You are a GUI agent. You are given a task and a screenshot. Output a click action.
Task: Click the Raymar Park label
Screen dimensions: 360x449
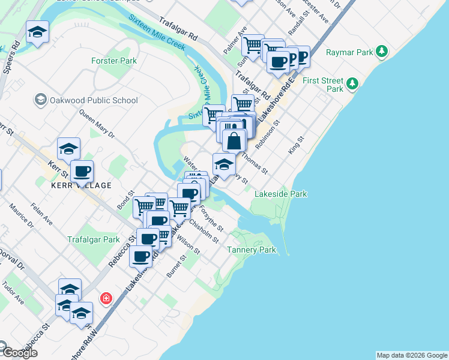coord(350,52)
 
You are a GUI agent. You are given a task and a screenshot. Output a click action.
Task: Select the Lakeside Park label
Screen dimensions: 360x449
coord(281,194)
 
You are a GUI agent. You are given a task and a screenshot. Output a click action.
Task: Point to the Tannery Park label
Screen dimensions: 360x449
coord(252,250)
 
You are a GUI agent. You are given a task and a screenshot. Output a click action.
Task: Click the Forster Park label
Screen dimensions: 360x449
coord(114,61)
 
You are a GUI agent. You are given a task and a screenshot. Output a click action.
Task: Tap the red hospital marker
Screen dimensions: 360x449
coord(106,298)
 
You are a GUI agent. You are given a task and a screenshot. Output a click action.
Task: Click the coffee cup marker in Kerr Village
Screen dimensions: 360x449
coord(82,171)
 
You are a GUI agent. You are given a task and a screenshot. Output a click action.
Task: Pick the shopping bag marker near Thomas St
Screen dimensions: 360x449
coord(234,141)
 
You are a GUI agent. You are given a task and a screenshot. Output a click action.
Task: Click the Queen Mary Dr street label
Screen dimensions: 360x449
coord(96,122)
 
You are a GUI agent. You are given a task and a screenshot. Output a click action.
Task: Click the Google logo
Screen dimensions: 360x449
coord(20,353)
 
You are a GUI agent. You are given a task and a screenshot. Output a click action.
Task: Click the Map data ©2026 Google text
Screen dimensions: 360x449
coord(412,355)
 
